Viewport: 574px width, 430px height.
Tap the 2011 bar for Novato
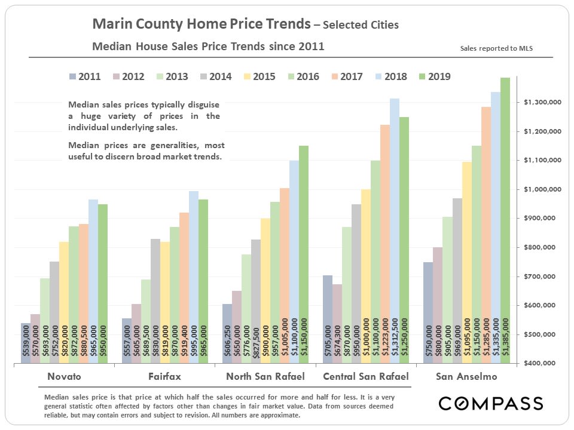pyautogui.click(x=25, y=343)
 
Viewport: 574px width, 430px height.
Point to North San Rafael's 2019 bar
pyautogui.click(x=304, y=254)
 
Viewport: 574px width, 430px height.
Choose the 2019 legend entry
pyautogui.click(x=430, y=76)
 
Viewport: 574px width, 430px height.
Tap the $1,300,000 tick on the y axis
pyautogui.click(x=543, y=103)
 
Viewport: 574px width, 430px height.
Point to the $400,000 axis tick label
pyautogui.click(x=543, y=363)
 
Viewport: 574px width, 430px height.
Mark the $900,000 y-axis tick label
pyautogui.click(x=543, y=219)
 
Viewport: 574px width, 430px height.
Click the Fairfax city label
pyautogui.click(x=165, y=377)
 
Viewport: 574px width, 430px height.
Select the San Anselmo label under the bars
pyautogui.click(x=466, y=377)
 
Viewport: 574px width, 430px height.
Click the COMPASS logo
pyautogui.click(x=491, y=403)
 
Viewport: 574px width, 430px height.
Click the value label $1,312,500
pyautogui.click(x=395, y=337)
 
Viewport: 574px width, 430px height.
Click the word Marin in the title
pyautogui.click(x=111, y=24)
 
